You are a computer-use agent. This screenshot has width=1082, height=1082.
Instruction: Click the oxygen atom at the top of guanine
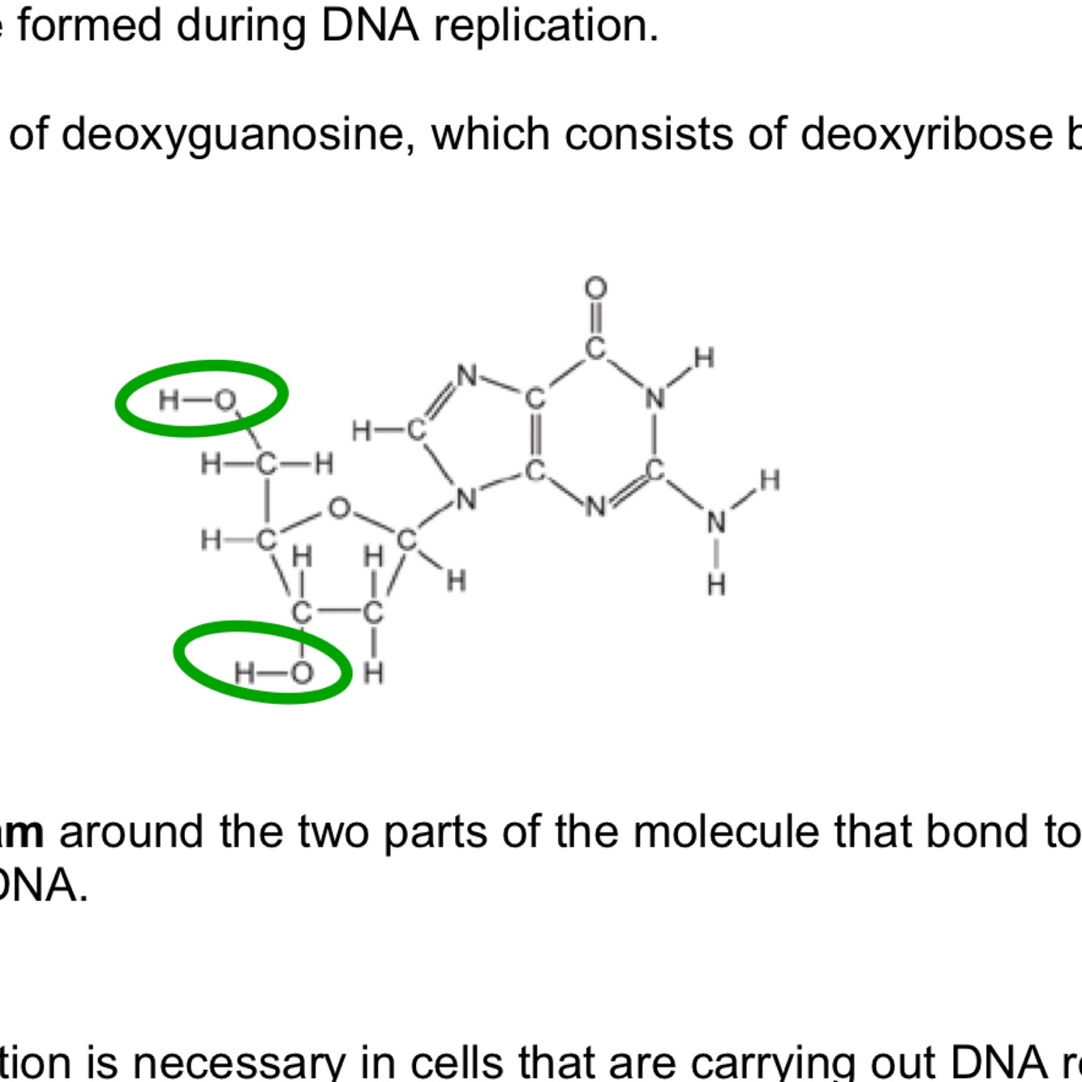(x=595, y=288)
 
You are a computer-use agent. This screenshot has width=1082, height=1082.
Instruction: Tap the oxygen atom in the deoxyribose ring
(x=339, y=509)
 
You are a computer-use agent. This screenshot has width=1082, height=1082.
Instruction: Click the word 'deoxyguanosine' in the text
(x=231, y=134)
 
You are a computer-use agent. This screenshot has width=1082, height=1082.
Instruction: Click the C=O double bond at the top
(x=595, y=318)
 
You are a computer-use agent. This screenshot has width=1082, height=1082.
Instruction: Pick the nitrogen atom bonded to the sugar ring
(x=466, y=500)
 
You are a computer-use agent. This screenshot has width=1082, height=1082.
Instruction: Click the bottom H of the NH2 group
(x=716, y=584)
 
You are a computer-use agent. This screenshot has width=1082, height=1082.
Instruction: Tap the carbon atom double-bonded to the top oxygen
(x=595, y=349)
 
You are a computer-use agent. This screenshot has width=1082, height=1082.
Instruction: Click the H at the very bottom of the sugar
(x=373, y=672)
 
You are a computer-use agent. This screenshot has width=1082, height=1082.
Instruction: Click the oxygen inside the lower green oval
(x=302, y=673)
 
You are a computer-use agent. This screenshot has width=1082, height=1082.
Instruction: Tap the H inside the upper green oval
(x=169, y=400)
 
